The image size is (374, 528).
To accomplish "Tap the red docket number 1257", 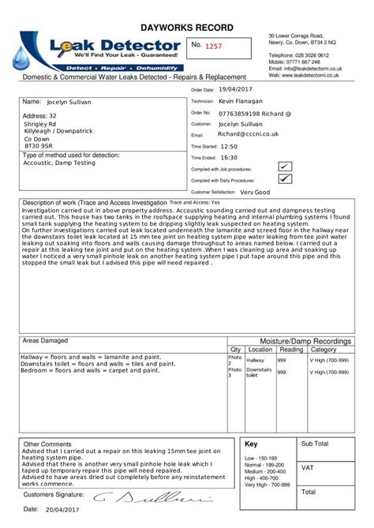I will [x=214, y=47].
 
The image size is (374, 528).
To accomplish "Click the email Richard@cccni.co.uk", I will [x=249, y=134].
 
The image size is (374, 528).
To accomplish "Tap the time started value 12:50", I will [x=229, y=146].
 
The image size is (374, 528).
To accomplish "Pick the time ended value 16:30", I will [x=229, y=157].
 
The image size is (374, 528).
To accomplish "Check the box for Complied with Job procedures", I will [x=285, y=166].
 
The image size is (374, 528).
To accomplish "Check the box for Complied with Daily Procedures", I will [x=285, y=179].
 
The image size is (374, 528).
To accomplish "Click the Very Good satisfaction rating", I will [x=255, y=192].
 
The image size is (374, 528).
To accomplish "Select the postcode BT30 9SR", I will [x=39, y=146].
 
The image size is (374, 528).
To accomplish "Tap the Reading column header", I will [x=291, y=350].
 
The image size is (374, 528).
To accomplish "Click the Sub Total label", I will [x=315, y=444].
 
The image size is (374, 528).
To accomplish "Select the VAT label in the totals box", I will [x=308, y=468].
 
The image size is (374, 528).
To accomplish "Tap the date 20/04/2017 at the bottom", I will [x=64, y=510].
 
